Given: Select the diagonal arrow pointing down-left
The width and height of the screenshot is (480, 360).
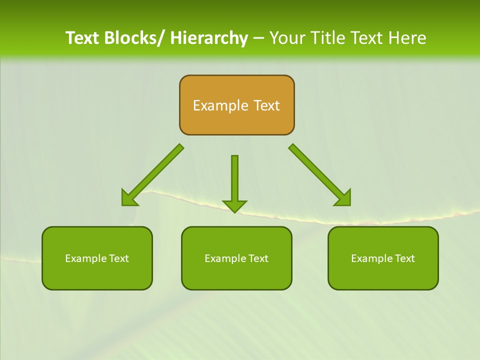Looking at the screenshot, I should point(152,175).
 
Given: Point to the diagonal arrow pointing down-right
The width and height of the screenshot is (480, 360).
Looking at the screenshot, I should point(320,175).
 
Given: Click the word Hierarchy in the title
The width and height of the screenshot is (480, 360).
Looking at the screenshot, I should point(209,38).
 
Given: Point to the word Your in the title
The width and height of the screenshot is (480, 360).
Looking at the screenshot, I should point(287,38).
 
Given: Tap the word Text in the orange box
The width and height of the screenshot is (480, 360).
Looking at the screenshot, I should point(267,105).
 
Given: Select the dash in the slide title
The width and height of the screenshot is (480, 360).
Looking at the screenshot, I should point(258,38).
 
